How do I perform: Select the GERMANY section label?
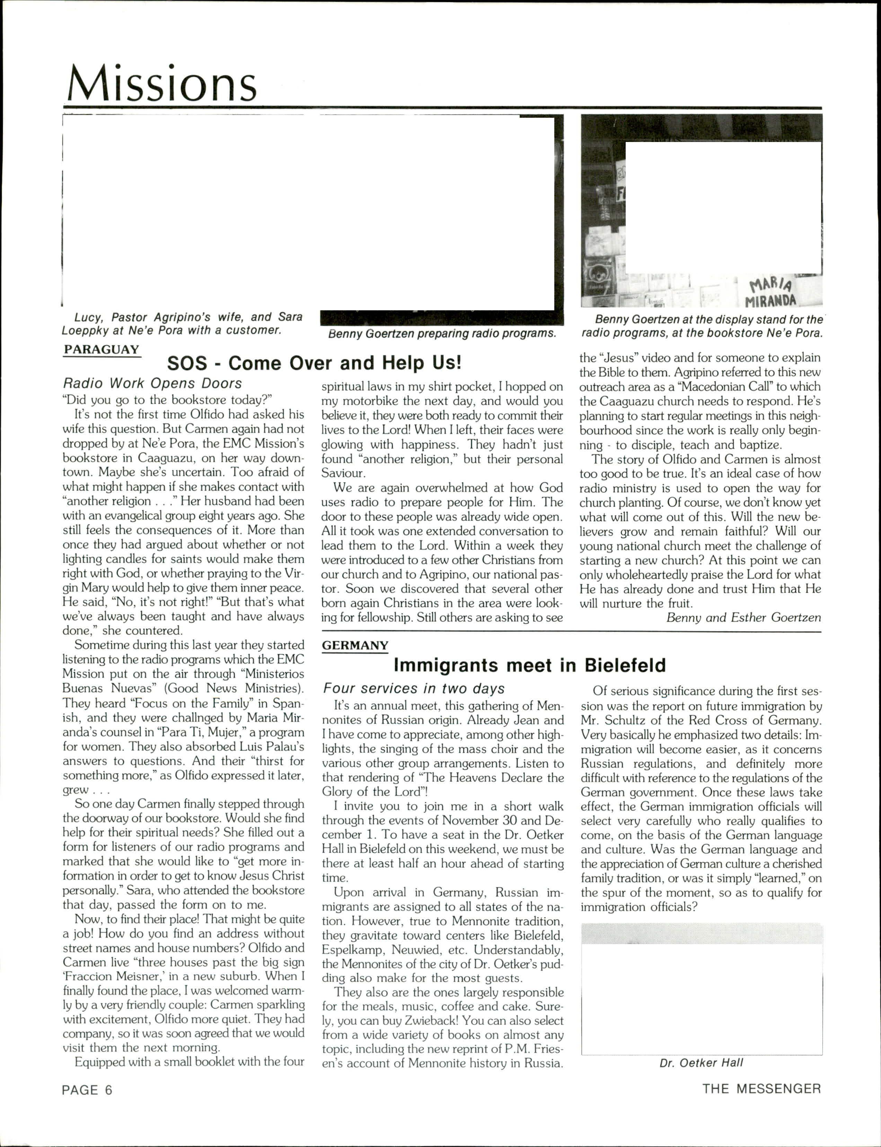pos(355,645)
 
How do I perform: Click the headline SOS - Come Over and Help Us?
pos(314,363)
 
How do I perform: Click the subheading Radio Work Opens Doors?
pos(152,383)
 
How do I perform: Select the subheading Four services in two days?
pos(414,688)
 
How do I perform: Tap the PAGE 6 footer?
pos(87,1090)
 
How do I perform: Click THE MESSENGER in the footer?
pos(761,1089)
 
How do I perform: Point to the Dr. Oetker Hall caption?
pos(701,1062)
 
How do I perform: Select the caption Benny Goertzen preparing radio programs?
pos(442,334)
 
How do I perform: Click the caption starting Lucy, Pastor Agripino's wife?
pos(182,323)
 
